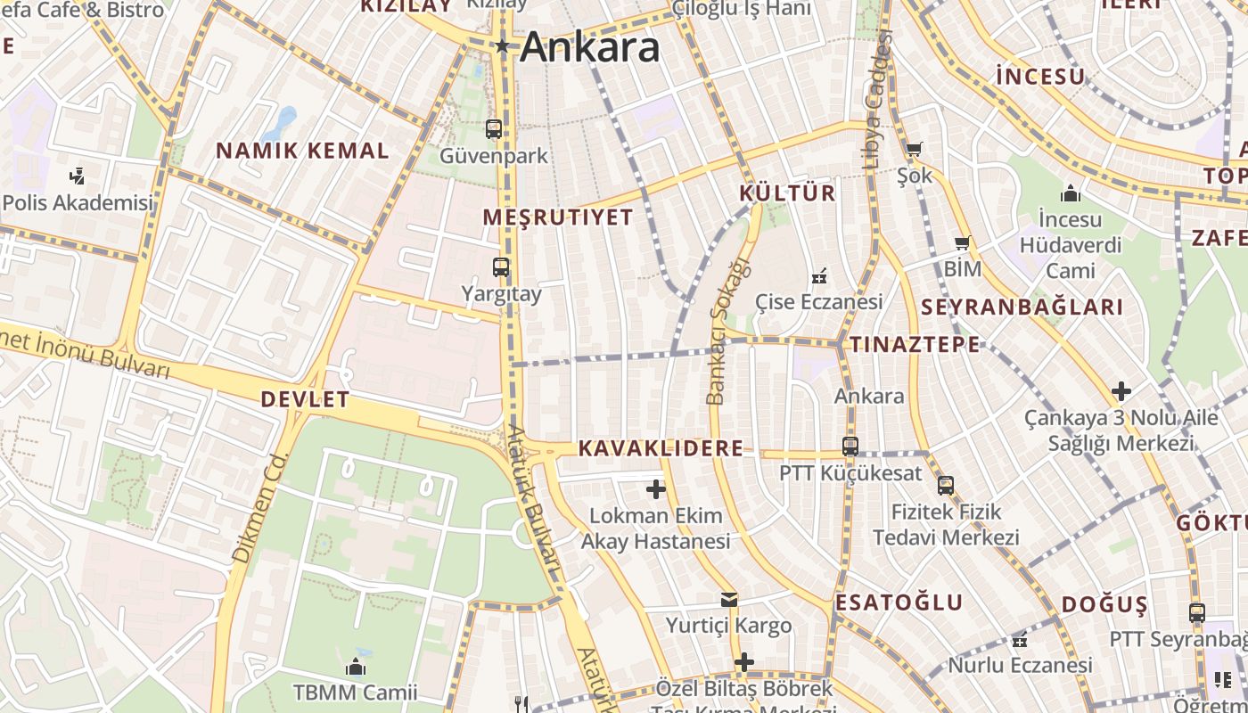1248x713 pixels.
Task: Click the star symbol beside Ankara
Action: pyautogui.click(x=503, y=45)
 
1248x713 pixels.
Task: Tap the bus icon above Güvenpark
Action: pyautogui.click(x=494, y=129)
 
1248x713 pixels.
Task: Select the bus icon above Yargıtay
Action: pyautogui.click(x=501, y=266)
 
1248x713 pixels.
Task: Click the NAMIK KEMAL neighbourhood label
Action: pyautogui.click(x=302, y=151)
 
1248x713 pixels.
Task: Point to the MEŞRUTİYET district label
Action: pyautogui.click(x=558, y=217)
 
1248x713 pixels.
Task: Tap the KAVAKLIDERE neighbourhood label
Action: pyautogui.click(x=661, y=448)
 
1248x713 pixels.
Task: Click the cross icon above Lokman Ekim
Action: pyautogui.click(x=656, y=488)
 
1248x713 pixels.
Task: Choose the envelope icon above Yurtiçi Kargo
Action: pyautogui.click(x=729, y=600)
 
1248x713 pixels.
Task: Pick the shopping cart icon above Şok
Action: pyautogui.click(x=914, y=149)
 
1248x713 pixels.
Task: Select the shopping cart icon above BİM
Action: pyautogui.click(x=962, y=242)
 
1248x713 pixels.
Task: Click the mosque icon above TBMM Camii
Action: pyautogui.click(x=356, y=667)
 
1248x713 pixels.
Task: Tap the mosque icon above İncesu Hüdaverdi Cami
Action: pyautogui.click(x=1070, y=193)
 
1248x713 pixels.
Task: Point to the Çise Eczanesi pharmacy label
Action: pyautogui.click(x=819, y=301)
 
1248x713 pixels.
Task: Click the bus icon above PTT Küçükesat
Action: pyautogui.click(x=850, y=447)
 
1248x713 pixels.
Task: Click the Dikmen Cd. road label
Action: pyautogui.click(x=259, y=506)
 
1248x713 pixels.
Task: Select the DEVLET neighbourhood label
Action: pyautogui.click(x=305, y=399)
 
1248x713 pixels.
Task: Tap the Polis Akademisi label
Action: pyautogui.click(x=78, y=202)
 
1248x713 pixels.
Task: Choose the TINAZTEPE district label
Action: pyautogui.click(x=914, y=345)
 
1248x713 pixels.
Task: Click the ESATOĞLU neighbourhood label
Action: pyautogui.click(x=899, y=602)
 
